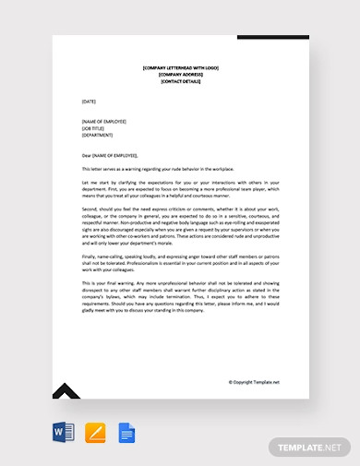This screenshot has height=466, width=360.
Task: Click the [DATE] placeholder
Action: coord(89,101)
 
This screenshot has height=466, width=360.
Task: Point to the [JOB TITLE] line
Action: coord(95,127)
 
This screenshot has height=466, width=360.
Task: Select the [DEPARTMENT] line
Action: coord(98,134)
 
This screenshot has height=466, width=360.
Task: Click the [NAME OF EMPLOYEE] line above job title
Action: coord(104,121)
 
